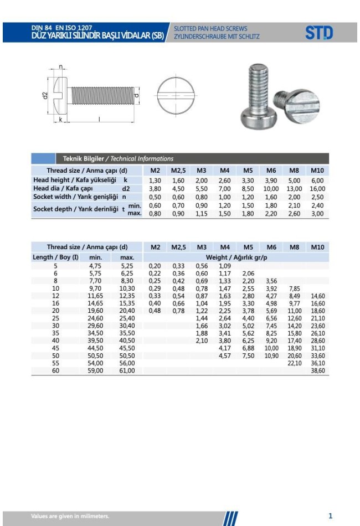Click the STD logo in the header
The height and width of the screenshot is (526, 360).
[319, 33]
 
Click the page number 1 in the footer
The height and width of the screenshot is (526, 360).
[331, 515]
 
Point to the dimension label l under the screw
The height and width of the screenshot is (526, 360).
[99, 118]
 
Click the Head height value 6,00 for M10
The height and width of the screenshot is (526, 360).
[317, 181]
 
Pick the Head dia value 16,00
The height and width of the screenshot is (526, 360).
[317, 189]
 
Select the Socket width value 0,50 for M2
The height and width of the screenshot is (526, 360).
[155, 197]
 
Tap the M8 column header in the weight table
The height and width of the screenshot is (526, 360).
[294, 247]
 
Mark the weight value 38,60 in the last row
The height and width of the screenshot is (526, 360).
[317, 370]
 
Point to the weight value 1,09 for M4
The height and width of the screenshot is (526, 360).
[224, 266]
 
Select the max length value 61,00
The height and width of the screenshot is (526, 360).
[127, 370]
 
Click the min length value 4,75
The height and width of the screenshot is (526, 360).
[95, 266]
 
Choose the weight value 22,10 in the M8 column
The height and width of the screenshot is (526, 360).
[294, 363]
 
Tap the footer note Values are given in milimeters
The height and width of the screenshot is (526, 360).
[70, 516]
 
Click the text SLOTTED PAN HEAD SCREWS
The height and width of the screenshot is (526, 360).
[210, 28]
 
